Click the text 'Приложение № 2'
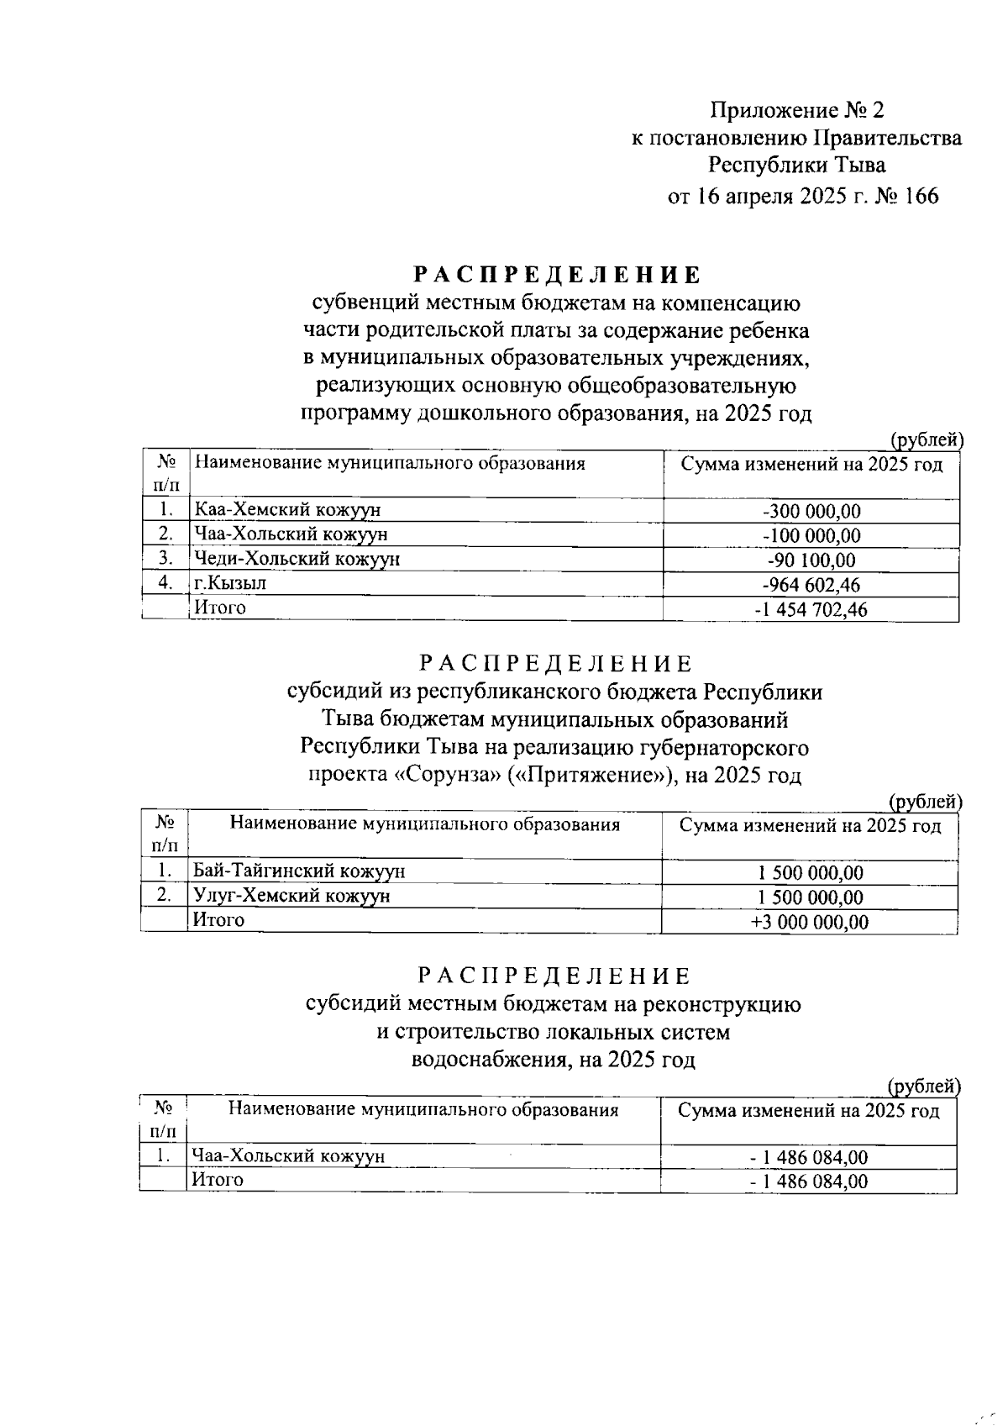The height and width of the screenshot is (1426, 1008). [x=797, y=110]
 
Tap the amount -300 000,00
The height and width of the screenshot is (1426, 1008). [x=811, y=511]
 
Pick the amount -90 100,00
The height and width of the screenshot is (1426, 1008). [x=811, y=560]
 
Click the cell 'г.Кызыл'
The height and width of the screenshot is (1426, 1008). [x=230, y=582]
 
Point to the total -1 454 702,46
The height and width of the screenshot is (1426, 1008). [x=811, y=610]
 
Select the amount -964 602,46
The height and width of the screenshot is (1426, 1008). [x=811, y=585]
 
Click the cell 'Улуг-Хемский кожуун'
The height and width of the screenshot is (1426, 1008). [x=291, y=896]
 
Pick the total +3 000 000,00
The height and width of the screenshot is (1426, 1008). [x=810, y=922]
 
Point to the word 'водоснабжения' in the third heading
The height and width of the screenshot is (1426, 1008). [x=489, y=1060]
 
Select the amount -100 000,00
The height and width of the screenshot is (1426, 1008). [x=811, y=535]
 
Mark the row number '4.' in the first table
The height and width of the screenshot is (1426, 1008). [x=165, y=582]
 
